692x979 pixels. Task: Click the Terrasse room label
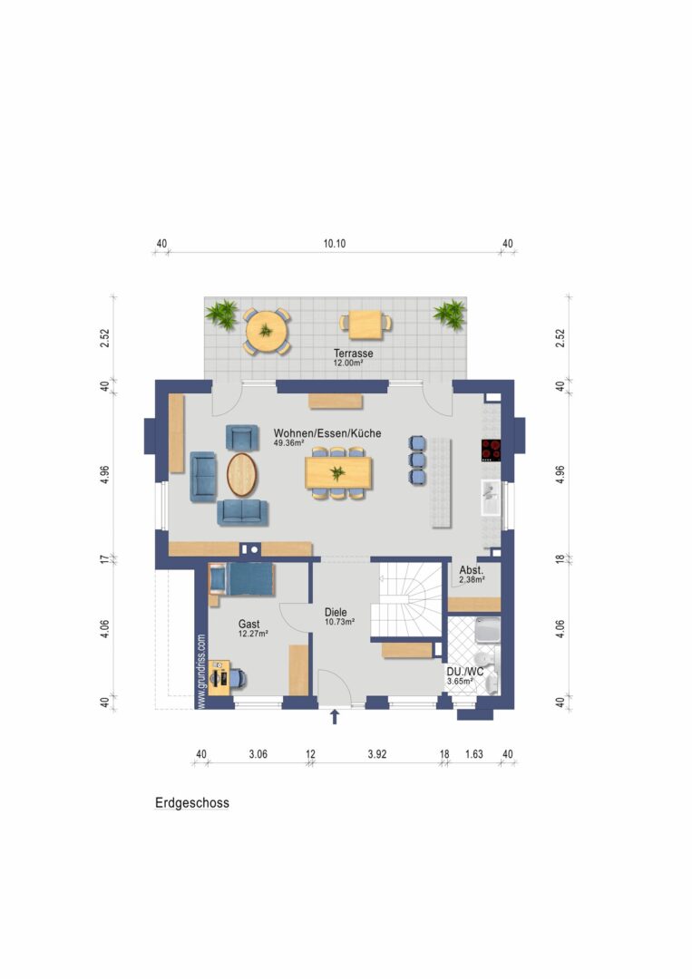353,354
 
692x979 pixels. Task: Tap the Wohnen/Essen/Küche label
327,433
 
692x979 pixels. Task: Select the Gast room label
249,624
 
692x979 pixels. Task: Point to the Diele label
336,613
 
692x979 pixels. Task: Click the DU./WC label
464,672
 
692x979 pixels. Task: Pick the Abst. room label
471,570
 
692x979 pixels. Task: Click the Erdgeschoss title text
192,803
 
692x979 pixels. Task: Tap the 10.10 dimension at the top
335,244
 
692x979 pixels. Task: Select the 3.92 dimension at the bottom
376,754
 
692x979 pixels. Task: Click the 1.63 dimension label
474,754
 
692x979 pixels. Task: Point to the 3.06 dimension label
258,754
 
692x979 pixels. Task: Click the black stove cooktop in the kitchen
491,451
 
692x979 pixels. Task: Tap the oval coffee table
241,474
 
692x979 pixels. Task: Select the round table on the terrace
266,331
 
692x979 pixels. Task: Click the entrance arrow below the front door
335,716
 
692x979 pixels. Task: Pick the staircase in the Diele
406,599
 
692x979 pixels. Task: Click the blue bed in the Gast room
249,579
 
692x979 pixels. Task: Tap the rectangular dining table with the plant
338,472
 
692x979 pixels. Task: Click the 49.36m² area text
288,443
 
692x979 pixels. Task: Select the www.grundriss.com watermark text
201,672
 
